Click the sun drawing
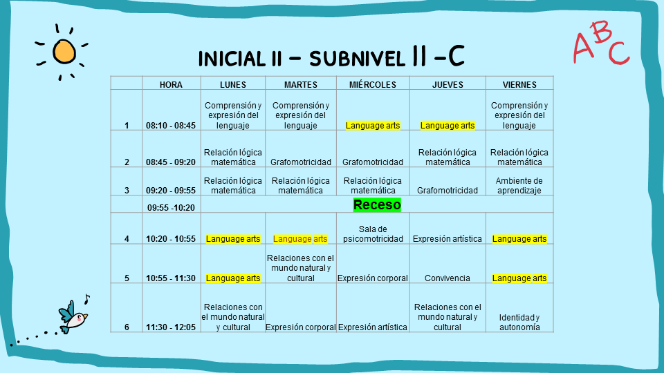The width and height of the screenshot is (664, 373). [64, 52]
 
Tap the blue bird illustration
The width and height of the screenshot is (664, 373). [73, 317]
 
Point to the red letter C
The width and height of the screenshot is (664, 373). [618, 53]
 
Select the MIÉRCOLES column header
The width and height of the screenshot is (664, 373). [373, 84]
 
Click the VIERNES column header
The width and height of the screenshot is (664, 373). [519, 84]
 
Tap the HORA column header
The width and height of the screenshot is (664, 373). [171, 84]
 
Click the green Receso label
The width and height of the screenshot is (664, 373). [377, 204]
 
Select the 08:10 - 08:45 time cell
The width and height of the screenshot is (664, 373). [171, 126]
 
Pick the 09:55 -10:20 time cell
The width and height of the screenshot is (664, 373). [171, 208]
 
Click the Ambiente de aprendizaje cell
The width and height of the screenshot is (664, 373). [519, 186]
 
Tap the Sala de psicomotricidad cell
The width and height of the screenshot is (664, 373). [373, 234]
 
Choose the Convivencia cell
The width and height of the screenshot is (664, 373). [448, 278]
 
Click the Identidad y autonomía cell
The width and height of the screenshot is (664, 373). [519, 323]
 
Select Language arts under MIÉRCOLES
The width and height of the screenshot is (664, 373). [373, 126]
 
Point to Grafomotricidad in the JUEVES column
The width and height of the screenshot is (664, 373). [448, 191]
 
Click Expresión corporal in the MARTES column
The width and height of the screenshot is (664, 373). [301, 327]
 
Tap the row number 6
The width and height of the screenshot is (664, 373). [127, 327]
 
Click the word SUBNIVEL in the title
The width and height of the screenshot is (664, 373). [357, 59]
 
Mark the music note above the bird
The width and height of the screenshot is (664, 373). [87, 299]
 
